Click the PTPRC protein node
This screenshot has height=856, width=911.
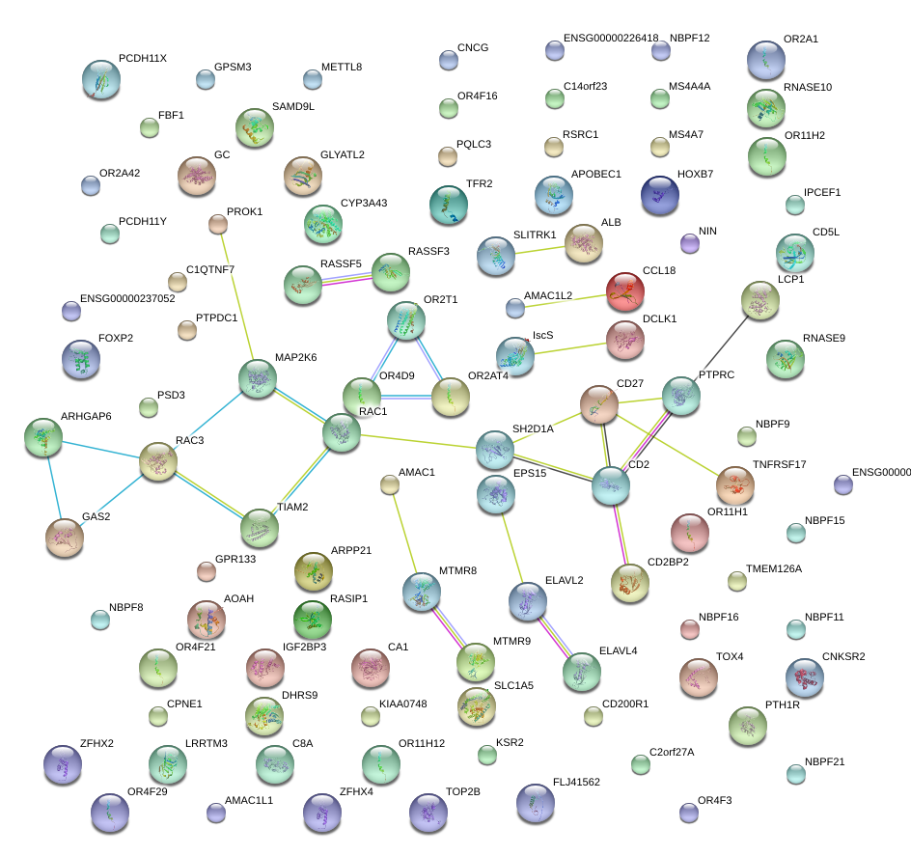tap(681, 396)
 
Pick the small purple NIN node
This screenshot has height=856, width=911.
tap(689, 243)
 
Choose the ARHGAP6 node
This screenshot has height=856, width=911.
tap(42, 437)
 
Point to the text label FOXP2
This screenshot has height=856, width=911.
tap(116, 339)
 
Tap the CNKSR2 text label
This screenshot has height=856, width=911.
tap(843, 657)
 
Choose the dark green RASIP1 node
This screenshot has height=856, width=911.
tap(312, 619)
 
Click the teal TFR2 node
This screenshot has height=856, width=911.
tap(447, 203)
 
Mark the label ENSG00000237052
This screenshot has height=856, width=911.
tap(127, 299)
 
